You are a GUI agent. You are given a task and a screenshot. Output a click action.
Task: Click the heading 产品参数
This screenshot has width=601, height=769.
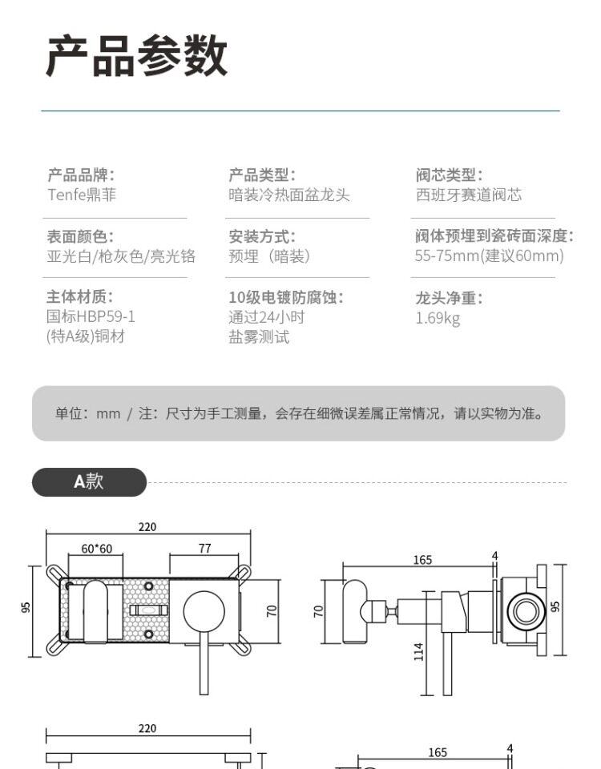click(136, 56)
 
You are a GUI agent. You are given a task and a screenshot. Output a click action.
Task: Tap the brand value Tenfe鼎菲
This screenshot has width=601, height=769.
click(81, 195)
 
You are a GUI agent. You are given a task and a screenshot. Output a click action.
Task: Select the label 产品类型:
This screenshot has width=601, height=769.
click(262, 175)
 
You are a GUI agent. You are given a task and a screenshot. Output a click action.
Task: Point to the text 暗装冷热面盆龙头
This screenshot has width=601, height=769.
click(289, 195)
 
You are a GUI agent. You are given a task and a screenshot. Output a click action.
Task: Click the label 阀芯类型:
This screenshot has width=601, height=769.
click(449, 175)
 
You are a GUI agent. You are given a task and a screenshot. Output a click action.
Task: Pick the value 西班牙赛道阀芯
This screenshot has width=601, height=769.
click(468, 195)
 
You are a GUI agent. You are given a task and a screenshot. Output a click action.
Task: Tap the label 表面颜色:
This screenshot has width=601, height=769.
click(80, 236)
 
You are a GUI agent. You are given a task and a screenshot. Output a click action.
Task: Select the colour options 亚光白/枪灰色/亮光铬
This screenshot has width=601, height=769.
click(121, 256)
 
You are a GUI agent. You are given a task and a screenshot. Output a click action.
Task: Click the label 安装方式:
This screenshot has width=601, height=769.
click(262, 236)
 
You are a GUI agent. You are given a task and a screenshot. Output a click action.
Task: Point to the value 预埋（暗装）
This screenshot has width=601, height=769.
click(269, 256)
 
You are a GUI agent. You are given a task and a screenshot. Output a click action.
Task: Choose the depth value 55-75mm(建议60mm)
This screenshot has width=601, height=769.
click(489, 256)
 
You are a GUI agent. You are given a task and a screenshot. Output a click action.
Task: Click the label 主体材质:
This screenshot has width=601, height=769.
click(80, 297)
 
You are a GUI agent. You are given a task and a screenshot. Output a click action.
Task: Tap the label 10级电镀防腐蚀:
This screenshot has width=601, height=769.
click(286, 297)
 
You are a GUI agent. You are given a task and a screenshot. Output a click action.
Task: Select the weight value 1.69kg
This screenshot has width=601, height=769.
click(438, 318)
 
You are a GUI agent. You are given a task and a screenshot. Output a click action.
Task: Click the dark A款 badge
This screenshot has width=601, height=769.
click(89, 481)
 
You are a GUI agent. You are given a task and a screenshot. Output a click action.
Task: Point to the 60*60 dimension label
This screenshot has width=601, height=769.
click(96, 549)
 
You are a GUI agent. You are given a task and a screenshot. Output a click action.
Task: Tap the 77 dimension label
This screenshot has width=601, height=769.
click(204, 549)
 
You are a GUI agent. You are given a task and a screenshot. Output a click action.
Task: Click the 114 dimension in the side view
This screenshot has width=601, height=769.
click(418, 651)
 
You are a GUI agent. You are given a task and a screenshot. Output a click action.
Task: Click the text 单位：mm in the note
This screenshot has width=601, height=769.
click(87, 413)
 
